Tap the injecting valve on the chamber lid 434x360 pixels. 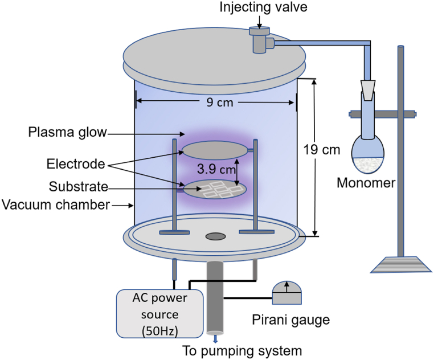(260, 40)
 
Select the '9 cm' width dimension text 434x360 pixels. (215, 103)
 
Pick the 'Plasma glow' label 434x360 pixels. (68, 133)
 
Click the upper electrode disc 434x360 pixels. (215, 150)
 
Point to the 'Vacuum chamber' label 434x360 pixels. (55, 204)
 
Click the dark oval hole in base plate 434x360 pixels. (215, 236)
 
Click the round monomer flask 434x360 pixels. (367, 154)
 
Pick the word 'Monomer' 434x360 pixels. (366, 183)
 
